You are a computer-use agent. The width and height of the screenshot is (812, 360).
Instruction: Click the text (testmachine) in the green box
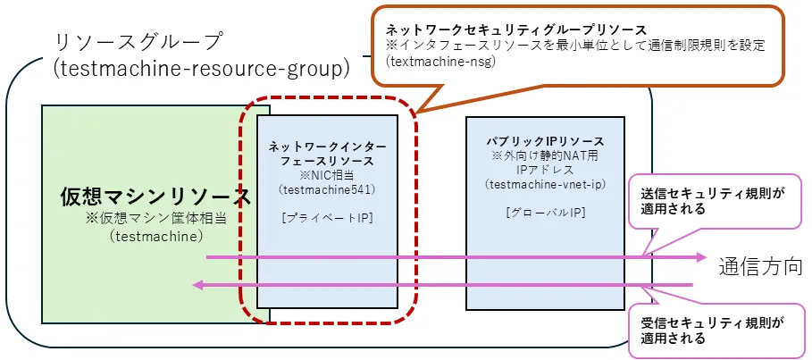tap(155, 237)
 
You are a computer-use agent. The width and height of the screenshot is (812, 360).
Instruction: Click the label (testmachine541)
tap(327, 189)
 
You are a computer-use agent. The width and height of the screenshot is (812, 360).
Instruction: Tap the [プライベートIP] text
tap(327, 218)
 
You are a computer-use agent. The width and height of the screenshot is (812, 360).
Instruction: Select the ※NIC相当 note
tap(327, 175)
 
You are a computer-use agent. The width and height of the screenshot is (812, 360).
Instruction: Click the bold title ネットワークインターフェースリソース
tap(327, 153)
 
